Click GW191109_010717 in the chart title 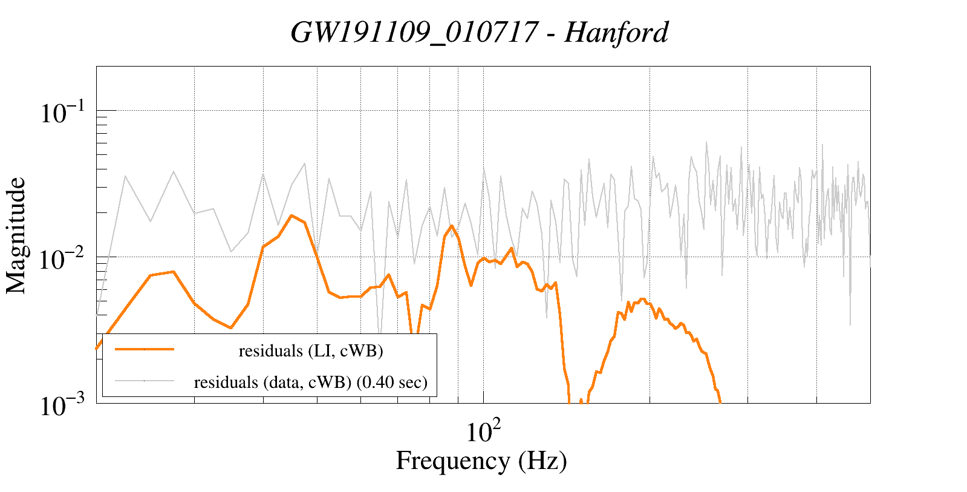coord(414,32)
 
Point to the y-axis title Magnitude coord(16,235)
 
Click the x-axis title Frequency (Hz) coord(481,461)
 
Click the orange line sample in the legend coord(145,350)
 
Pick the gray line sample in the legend coord(145,381)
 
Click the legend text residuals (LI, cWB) coord(311,351)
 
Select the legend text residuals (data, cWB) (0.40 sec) coord(311,382)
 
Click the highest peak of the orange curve coord(291,215)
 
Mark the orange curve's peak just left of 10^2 coord(451,226)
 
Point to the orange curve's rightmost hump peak coord(642,299)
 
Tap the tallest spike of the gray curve coord(706,143)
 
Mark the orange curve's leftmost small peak coord(173,272)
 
